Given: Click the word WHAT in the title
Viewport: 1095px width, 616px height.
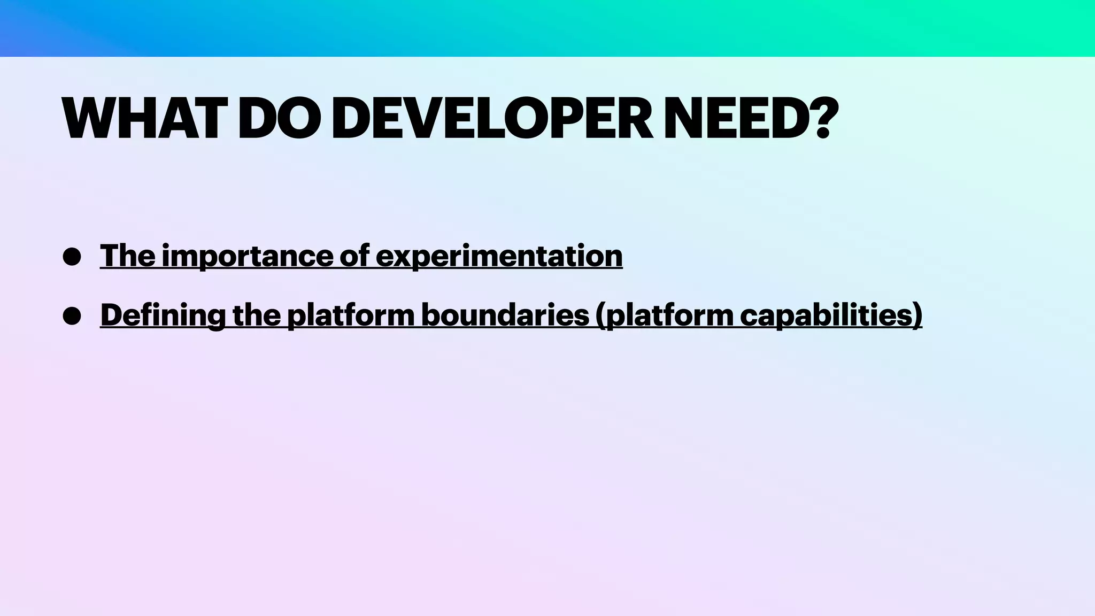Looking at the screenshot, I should coord(141,119).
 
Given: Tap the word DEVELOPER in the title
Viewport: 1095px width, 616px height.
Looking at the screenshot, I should coord(492,119).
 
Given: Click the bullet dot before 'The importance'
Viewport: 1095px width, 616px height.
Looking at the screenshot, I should coord(72,257).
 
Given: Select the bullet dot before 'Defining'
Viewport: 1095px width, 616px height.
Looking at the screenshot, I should coord(72,316).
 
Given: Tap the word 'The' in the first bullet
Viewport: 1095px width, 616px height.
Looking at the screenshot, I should coord(127,256).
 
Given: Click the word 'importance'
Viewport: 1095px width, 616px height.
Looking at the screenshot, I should coord(247,256).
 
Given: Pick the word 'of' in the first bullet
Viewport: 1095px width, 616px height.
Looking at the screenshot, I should coord(354,256).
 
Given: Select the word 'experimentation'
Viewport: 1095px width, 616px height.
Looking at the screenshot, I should coord(499,256).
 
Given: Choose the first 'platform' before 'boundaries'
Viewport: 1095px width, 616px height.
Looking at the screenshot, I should coord(351,315).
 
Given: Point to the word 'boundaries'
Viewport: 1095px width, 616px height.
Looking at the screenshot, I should coord(505,315).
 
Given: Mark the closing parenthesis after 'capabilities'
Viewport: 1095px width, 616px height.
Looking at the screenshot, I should coord(917,315).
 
